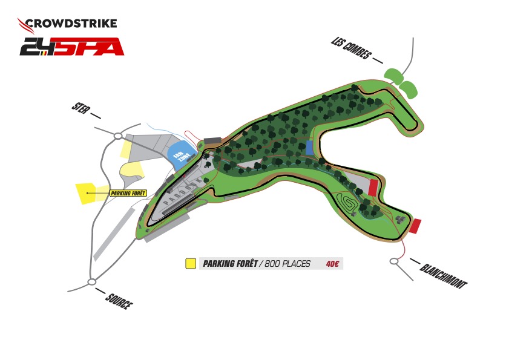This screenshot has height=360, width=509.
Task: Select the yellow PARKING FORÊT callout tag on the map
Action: coord(129,194)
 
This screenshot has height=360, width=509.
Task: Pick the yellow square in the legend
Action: coord(190,264)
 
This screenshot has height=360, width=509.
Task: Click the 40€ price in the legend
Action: coord(332,264)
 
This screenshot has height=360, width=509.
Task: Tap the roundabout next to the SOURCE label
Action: coord(92,281)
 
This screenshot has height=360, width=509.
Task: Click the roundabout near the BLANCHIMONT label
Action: coord(394,261)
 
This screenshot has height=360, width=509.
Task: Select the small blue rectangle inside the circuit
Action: coord(309,148)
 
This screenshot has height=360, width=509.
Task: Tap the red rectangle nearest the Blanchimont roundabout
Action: coord(415,226)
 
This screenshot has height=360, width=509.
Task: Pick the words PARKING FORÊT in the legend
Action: coord(228,264)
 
